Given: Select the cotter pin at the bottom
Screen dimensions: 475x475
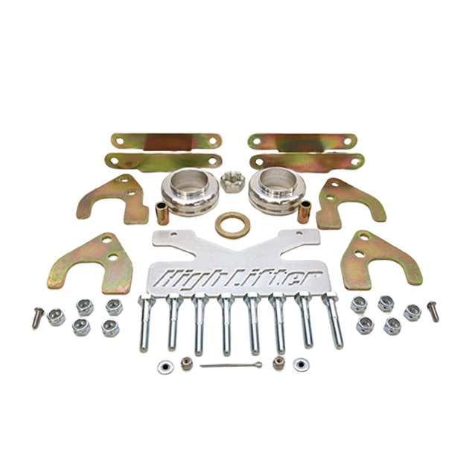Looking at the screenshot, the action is coord(231,365).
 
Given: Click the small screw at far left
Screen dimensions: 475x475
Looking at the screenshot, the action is coord(37,317).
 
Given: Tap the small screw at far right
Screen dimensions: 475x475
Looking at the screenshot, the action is coord(433,311).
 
